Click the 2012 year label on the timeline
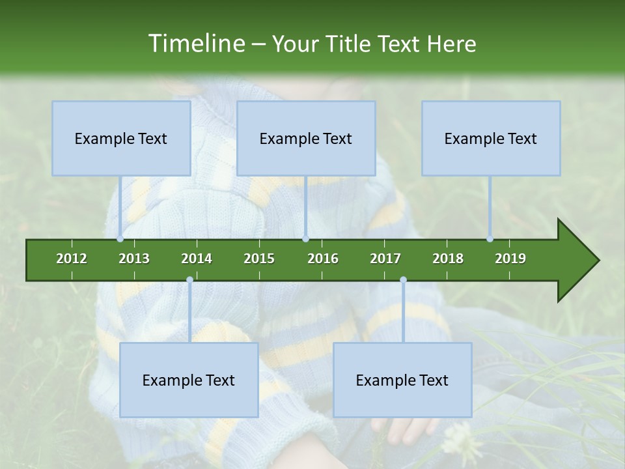72,259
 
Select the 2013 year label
134,259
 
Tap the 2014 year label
197,259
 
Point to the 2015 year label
259,259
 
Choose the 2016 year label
323,259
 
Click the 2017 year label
385,259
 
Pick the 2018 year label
448,259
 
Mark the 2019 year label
510,259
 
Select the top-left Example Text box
121,138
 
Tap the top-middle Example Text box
306,138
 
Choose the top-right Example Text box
491,138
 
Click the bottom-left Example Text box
189,380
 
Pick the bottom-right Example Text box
402,380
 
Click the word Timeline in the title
195,44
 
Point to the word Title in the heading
349,44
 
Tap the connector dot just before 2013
120,239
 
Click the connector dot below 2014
189,279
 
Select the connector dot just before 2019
490,239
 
